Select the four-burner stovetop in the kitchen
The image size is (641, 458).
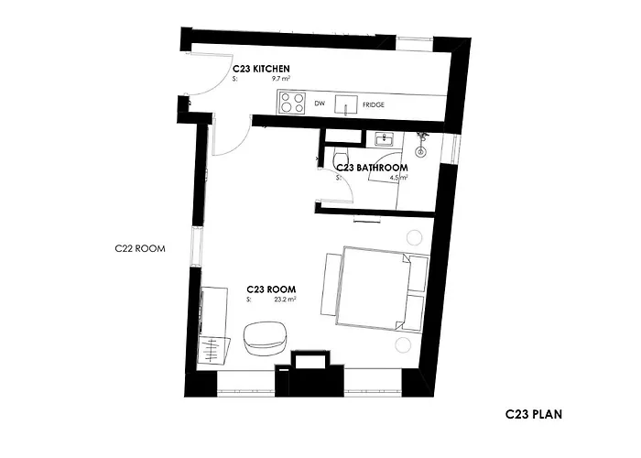(292, 103)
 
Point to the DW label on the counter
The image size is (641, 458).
(320, 104)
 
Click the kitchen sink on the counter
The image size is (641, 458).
(346, 103)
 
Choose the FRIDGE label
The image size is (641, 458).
(374, 104)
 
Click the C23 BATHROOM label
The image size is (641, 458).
(371, 169)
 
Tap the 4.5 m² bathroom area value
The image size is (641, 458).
(398, 179)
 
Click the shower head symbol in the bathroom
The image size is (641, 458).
(422, 142)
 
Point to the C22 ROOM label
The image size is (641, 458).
(138, 247)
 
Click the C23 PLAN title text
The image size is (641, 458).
(533, 414)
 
